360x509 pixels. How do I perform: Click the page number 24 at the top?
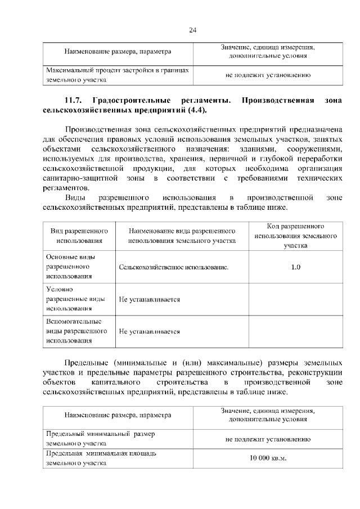[x=192, y=30]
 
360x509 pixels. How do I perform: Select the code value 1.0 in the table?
[x=296, y=267]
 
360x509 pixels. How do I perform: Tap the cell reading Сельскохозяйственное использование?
[x=174, y=267]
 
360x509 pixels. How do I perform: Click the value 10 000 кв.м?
[x=268, y=458]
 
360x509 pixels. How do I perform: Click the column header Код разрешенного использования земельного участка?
[x=295, y=236]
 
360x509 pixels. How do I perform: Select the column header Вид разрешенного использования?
[x=79, y=236]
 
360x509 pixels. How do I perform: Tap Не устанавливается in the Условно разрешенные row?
[x=149, y=300]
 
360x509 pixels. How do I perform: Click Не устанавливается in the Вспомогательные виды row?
[x=149, y=332]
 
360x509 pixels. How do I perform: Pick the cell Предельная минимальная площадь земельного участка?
[x=100, y=458]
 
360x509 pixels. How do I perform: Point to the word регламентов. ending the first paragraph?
[x=65, y=187]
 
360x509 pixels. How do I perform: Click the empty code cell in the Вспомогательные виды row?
[x=296, y=332]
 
